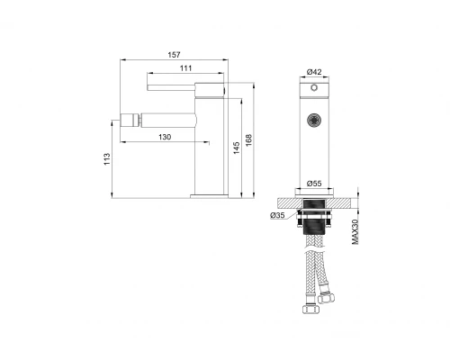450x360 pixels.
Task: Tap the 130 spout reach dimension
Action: tap(165, 137)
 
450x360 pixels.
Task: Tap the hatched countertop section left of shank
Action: tap(288, 198)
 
